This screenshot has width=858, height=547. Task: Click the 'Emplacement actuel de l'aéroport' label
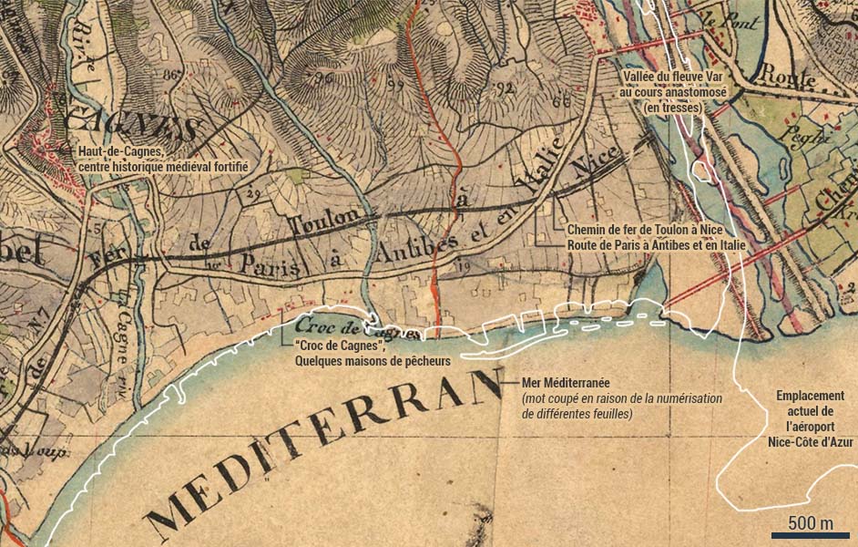point(810,419)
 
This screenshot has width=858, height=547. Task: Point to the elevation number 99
point(394,86)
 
